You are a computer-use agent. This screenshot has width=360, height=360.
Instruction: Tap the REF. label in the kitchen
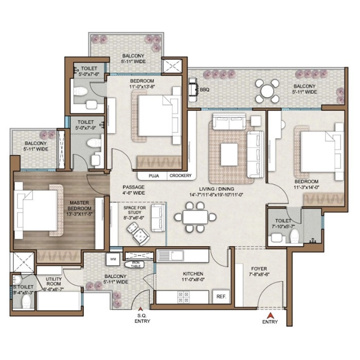click(x=222, y=297)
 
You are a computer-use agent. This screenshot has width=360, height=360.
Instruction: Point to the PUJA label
click(x=153, y=176)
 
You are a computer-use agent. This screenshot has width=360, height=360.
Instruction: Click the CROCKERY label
click(x=180, y=176)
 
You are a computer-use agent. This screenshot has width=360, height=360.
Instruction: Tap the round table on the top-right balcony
click(x=266, y=91)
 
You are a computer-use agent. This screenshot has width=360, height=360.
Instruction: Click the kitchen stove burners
click(x=183, y=297)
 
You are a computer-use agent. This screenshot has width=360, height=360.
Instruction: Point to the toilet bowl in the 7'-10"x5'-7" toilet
click(x=295, y=237)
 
